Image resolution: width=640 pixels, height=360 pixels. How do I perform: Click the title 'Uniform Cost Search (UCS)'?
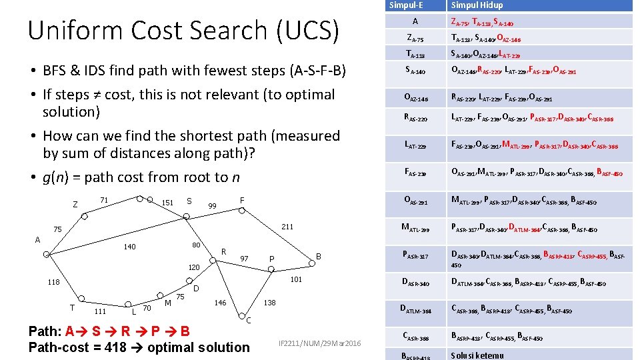tap(183, 30)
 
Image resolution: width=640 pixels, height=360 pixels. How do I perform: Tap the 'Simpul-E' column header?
tap(406, 5)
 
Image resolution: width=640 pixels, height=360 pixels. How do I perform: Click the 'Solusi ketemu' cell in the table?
tap(477, 355)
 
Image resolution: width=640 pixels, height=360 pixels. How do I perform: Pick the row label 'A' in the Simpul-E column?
tap(415, 21)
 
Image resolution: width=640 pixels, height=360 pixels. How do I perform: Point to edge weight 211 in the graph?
tap(288, 227)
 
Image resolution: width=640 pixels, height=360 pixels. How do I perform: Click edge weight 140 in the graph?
tap(129, 247)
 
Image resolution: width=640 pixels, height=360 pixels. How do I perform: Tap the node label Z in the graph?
tap(75, 204)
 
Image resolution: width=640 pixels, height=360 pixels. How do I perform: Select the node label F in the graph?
tap(242, 200)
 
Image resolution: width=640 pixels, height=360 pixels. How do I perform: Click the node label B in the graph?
tap(319, 257)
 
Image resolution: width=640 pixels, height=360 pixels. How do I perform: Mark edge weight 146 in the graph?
tap(220, 303)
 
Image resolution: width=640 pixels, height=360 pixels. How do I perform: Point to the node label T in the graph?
tap(71, 307)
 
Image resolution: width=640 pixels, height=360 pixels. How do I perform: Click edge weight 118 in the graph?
tap(54, 282)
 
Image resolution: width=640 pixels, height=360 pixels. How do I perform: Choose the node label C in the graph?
tap(248, 321)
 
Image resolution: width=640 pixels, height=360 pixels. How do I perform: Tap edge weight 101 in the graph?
tap(297, 280)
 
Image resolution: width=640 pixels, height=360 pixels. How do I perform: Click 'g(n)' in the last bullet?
tap(58, 177)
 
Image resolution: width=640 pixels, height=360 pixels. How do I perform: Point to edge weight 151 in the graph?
tap(167, 203)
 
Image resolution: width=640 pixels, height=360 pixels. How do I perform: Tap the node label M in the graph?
tap(168, 303)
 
